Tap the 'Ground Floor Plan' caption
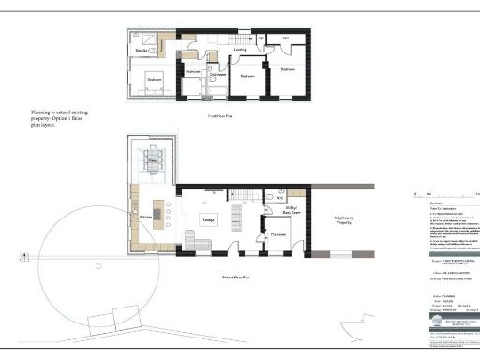point(221,277)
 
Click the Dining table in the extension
point(154,167)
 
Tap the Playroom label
point(277,235)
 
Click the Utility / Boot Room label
point(292,212)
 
